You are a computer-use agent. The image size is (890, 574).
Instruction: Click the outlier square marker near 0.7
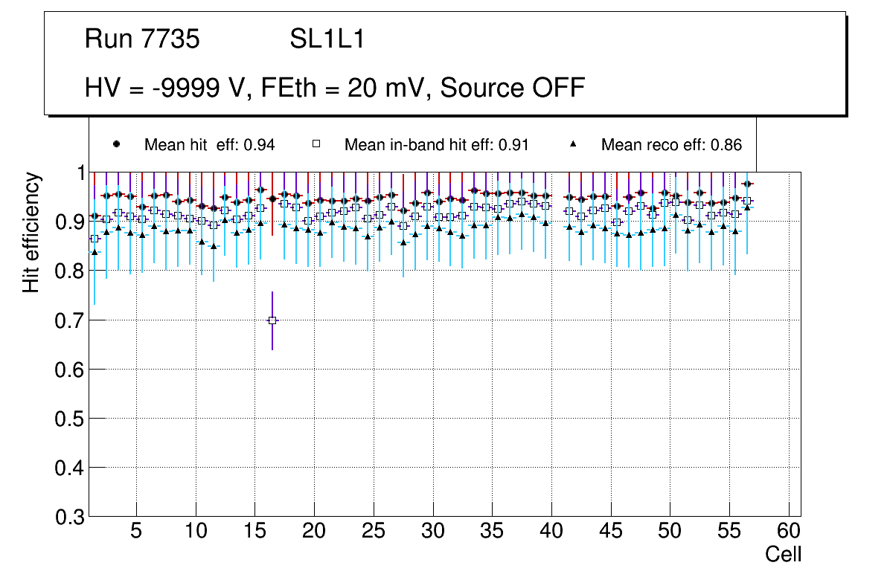click(272, 320)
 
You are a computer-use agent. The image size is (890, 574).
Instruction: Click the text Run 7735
click(142, 39)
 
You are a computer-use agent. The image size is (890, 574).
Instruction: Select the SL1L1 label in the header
click(327, 39)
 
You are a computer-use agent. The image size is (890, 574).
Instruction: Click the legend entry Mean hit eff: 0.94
click(209, 145)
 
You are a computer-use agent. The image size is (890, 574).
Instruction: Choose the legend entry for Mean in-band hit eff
click(436, 145)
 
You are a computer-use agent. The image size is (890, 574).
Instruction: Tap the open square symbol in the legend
click(316, 144)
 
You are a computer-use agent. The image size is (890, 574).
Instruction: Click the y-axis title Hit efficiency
click(31, 233)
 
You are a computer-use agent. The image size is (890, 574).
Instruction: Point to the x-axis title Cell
click(783, 554)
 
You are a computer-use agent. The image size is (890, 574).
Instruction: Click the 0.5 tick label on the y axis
click(68, 419)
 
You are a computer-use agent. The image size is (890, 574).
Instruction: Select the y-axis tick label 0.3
click(68, 517)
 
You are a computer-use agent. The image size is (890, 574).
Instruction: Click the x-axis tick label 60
click(789, 532)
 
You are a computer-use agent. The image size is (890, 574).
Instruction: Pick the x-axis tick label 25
click(374, 532)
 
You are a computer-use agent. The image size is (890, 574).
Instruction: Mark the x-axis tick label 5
click(136, 532)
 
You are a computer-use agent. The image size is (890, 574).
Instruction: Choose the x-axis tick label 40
click(551, 532)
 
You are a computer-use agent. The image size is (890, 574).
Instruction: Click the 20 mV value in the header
click(394, 88)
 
